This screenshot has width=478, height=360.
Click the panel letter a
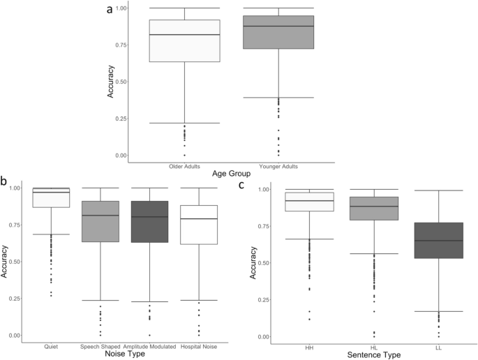(x=110, y=10)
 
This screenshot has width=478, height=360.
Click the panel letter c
(x=241, y=185)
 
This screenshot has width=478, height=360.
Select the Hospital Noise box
(x=199, y=225)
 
